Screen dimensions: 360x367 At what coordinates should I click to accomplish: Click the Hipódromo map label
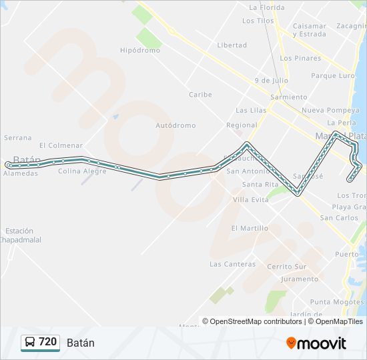[x=140, y=50]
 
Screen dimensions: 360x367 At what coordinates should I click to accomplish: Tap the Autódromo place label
[x=175, y=125]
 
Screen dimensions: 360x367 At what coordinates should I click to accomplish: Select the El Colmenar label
[x=61, y=145]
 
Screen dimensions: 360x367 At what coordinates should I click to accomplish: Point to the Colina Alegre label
[x=82, y=171]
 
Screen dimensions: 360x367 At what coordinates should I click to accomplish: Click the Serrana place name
[x=18, y=138]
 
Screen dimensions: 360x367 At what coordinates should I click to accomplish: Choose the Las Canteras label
[x=232, y=264]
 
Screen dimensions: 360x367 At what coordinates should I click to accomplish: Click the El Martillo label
[x=250, y=228]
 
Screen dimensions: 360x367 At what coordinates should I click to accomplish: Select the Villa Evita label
[x=251, y=199]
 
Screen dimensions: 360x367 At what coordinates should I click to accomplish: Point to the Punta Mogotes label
[x=337, y=302]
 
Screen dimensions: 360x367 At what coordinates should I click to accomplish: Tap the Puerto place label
[x=346, y=254]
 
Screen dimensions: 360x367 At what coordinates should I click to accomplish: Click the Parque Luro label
[x=333, y=76]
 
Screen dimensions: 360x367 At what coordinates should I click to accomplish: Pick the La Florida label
[x=266, y=8]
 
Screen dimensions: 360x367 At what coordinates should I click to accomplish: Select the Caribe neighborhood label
[x=200, y=95]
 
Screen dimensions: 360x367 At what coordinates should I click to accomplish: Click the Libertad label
[x=232, y=45]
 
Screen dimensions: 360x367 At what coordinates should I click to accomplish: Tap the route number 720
[x=48, y=342]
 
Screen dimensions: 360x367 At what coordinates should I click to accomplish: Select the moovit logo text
[x=316, y=343]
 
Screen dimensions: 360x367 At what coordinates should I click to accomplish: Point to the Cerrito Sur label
[x=287, y=267]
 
